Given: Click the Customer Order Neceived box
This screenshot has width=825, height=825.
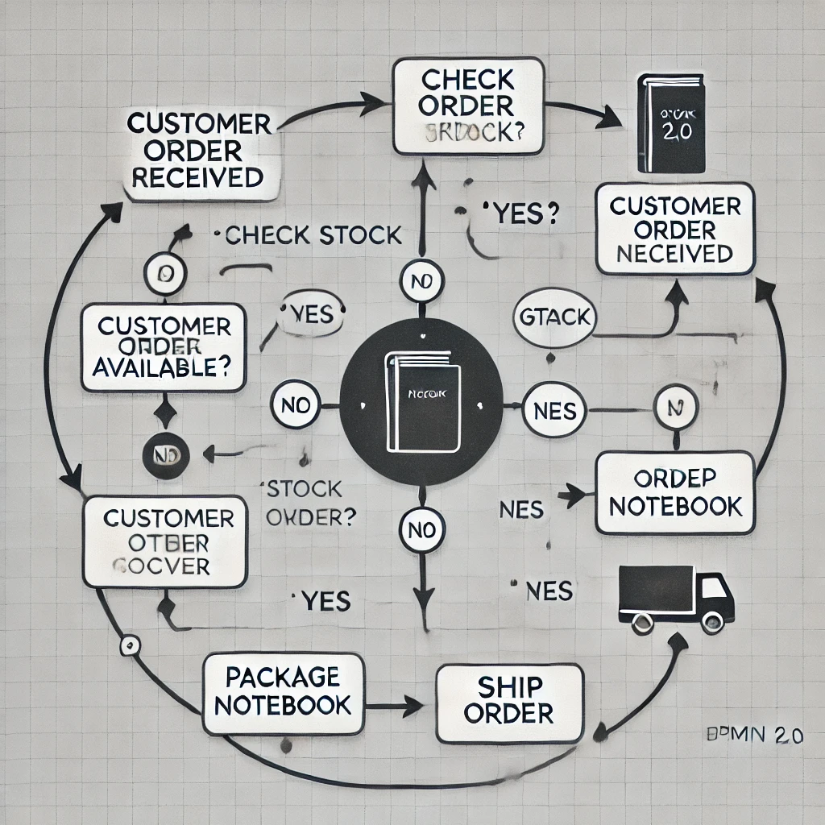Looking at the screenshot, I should [x=675, y=229].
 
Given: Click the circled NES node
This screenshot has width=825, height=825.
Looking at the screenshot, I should [x=555, y=412].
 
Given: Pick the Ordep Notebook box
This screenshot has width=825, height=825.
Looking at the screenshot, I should [x=675, y=492].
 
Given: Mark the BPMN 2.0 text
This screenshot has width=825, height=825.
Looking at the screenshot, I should [x=748, y=736].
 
